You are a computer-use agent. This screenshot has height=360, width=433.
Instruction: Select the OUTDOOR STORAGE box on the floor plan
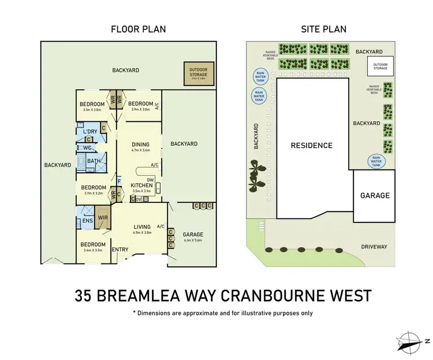point(198,74)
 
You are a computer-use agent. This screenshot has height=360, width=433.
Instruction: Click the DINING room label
point(140,144)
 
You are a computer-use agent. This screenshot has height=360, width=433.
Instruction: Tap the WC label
point(88,147)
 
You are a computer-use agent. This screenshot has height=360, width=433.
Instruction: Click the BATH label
point(94,161)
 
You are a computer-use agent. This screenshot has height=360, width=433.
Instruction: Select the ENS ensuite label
point(89,220)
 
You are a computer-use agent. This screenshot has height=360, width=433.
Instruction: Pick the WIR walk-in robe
point(103,218)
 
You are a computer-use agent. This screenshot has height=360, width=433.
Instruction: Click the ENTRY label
point(120,249)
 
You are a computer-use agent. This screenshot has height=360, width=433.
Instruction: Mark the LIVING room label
point(141,227)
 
